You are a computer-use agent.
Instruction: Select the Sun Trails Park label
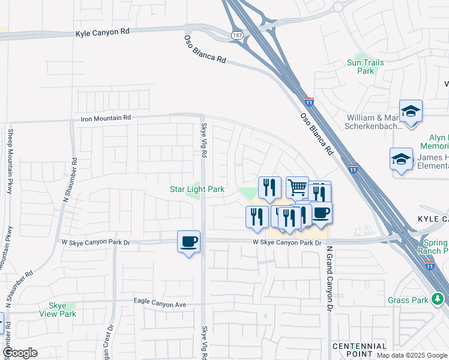pyautogui.click(x=361, y=67)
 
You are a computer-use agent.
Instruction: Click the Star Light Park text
pyautogui.click(x=197, y=189)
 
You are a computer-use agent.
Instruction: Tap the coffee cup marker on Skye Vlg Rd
pyautogui.click(x=189, y=242)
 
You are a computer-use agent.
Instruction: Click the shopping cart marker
pyautogui.click(x=297, y=188)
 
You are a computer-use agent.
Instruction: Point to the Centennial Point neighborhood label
pyautogui.click(x=359, y=350)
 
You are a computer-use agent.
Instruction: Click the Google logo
pyautogui.click(x=20, y=353)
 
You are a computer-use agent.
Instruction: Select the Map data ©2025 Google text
pyautogui.click(x=412, y=355)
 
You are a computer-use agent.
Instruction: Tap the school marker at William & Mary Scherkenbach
pyautogui.click(x=411, y=112)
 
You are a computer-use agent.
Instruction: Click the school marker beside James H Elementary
pyautogui.click(x=401, y=159)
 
